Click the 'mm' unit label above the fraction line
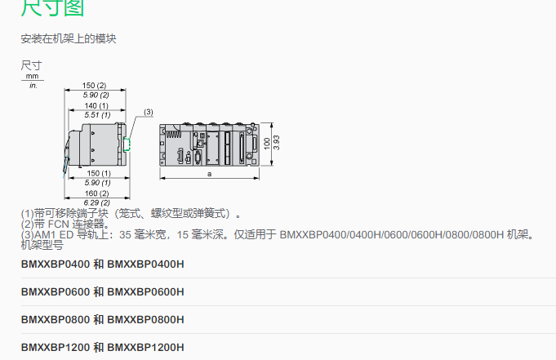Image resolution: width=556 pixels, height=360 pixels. coord(33,76)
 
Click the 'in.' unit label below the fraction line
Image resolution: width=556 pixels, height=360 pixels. coord(33,85)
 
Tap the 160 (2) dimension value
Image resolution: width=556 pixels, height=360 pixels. coord(97,193)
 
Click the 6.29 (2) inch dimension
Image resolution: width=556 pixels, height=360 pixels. coord(97,202)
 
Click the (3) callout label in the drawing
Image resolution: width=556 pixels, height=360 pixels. coord(148,111)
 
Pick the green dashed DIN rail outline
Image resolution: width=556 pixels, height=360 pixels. coord(127,144)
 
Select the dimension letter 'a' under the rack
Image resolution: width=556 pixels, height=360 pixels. coord(210,174)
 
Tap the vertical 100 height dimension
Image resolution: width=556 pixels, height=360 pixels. coord(266,144)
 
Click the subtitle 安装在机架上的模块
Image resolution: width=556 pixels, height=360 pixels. coord(68,38)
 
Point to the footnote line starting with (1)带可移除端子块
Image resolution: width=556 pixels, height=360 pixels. coord(131,214)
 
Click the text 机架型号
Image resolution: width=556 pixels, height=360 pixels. coord(42,244)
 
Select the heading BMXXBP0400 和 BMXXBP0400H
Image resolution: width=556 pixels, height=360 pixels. coord(103,264)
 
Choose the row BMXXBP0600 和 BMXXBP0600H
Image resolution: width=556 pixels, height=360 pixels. coord(103,291)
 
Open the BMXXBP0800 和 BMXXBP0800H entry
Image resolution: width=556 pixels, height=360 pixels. coord(103,319)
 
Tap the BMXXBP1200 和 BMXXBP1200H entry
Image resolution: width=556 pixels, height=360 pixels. coord(103,347)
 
